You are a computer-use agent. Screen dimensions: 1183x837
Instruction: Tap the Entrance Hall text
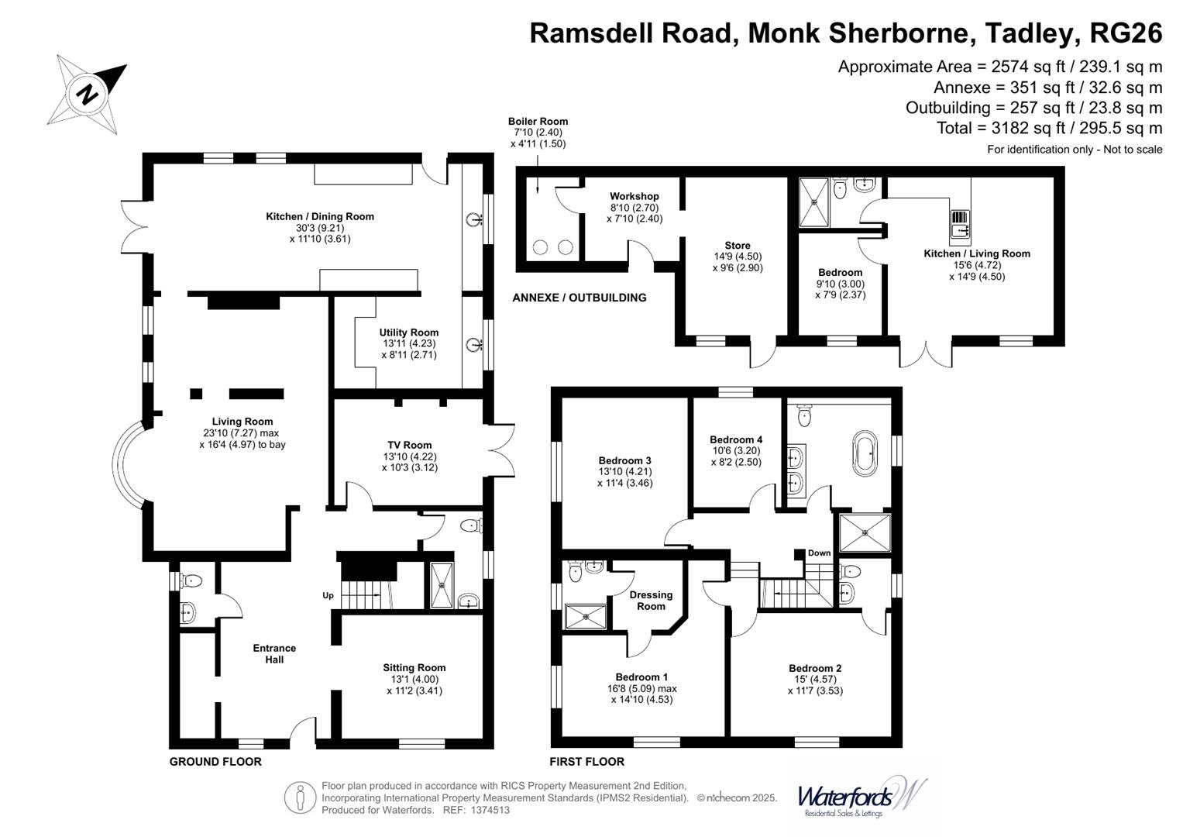click(274, 653)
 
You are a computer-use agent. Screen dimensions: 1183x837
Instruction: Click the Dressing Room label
click(651, 601)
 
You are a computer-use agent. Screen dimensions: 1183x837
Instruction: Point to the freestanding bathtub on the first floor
click(865, 454)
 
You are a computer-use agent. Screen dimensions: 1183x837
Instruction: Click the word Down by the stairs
click(819, 553)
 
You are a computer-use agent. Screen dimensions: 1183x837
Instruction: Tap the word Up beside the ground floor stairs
click(328, 595)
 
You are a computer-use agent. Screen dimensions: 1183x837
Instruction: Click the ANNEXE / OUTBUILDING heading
click(579, 298)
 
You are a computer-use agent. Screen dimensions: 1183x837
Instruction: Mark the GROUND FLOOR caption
click(215, 761)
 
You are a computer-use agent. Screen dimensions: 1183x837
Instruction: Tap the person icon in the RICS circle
click(301, 797)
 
